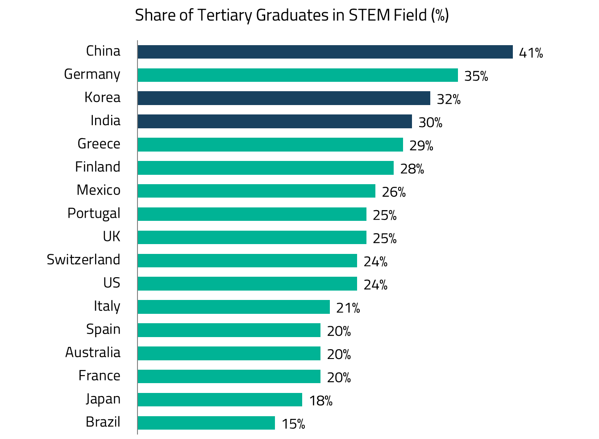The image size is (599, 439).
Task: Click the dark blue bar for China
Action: coord(325,52)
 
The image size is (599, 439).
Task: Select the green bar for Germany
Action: coord(298,75)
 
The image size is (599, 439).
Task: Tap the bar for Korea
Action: coord(284,98)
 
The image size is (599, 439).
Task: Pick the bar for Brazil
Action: coord(206,423)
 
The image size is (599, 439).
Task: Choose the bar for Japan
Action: coord(220,400)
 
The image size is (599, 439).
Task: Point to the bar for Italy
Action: coord(233,307)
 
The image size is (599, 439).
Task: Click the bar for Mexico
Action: coord(256,191)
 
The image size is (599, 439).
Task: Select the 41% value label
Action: coord(531,53)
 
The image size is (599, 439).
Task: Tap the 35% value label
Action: coord(476,76)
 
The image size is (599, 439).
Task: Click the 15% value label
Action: coord(293,424)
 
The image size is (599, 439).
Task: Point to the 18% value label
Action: coord(321,401)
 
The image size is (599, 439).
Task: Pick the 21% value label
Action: coord(348,308)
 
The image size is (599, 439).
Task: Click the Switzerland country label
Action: coord(83,260)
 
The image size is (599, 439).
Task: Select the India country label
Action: coord(105,121)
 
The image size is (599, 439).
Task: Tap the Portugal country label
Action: coord(94,213)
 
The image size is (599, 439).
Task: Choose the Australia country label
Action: coord(93,352)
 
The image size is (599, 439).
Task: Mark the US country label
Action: coord(112,283)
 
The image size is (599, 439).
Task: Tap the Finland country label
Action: coord(98,167)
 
